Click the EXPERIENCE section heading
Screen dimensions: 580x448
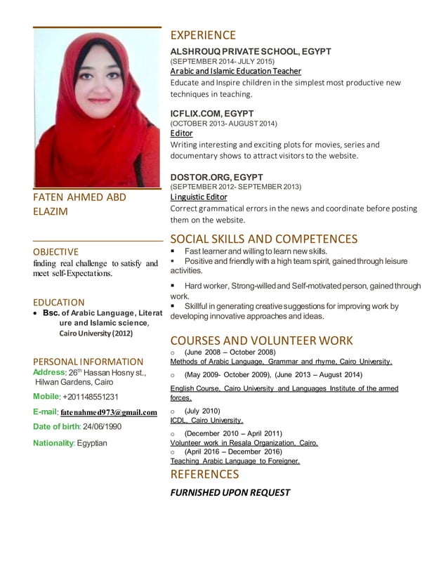pos(203,35)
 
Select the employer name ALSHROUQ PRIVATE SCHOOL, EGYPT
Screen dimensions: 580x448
pos(251,51)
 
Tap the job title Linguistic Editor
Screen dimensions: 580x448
pos(199,197)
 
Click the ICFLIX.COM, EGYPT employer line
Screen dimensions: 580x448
pos(212,113)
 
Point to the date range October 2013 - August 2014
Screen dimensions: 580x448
pos(224,124)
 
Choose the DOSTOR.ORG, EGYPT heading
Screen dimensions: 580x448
pos(216,176)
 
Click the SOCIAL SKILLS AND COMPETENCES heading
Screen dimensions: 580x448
pos(264,239)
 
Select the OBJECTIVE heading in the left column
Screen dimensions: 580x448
pos(56,251)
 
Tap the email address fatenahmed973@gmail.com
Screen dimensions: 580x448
pos(109,412)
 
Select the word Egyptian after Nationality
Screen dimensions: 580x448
pos(92,443)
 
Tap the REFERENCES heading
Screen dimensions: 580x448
pos(204,474)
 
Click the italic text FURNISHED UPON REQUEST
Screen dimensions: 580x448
pos(230,492)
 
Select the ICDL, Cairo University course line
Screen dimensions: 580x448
pos(206,421)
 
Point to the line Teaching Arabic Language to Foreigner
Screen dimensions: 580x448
pos(235,461)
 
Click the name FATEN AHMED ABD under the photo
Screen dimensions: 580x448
pos(79,197)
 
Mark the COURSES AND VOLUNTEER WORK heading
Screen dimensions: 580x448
pos(261,341)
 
